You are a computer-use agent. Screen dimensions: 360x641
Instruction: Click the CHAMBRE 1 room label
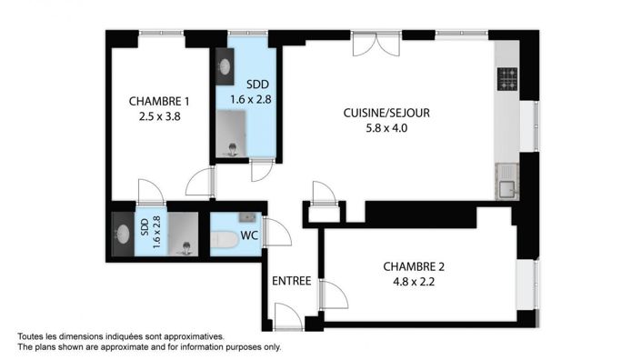pyautogui.click(x=159, y=101)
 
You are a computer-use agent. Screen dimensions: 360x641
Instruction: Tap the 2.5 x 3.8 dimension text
pyautogui.click(x=159, y=115)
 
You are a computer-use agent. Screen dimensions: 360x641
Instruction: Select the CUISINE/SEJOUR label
pyautogui.click(x=386, y=113)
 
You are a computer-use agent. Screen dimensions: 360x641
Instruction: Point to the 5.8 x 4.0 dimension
pyautogui.click(x=386, y=127)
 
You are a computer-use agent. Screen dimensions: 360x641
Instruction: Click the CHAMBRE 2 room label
pyautogui.click(x=414, y=266)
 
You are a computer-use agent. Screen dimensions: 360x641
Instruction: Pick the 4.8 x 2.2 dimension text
pyautogui.click(x=414, y=282)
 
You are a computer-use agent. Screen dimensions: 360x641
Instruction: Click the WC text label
pyautogui.click(x=248, y=236)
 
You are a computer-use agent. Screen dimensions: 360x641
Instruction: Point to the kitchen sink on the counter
pyautogui.click(x=506, y=189)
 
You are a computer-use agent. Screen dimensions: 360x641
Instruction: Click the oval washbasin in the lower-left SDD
pyautogui.click(x=122, y=233)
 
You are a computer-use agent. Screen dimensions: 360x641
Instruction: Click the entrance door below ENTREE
pyautogui.click(x=288, y=317)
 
